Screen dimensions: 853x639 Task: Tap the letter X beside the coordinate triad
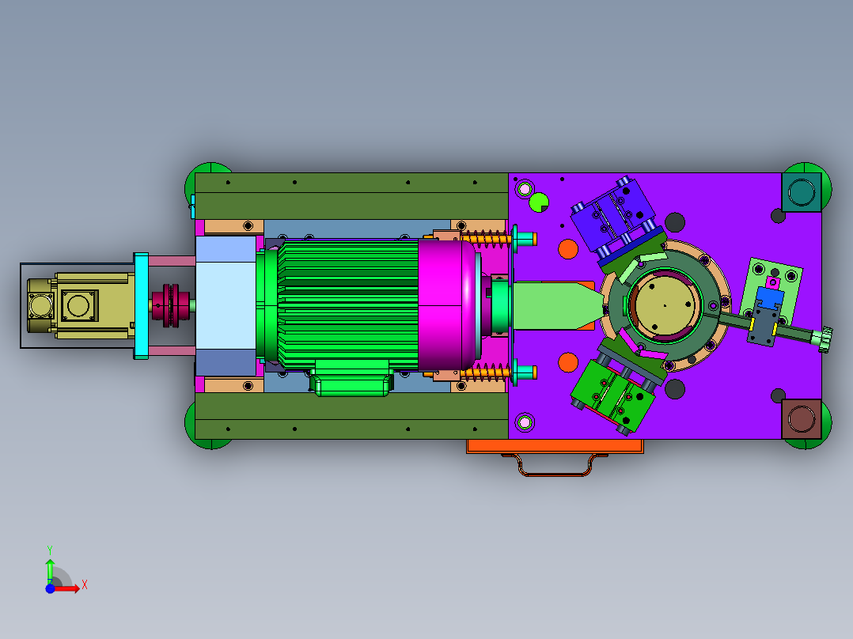coord(85,585)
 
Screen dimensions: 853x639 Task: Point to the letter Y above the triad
coord(50,550)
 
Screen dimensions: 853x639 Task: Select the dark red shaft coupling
coord(171,305)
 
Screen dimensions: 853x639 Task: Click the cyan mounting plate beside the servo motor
coord(141,305)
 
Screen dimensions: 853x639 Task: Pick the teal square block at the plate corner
coord(802,192)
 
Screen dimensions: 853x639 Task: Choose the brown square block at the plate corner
coord(802,418)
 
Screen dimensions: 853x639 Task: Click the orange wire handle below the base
coord(555,465)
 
